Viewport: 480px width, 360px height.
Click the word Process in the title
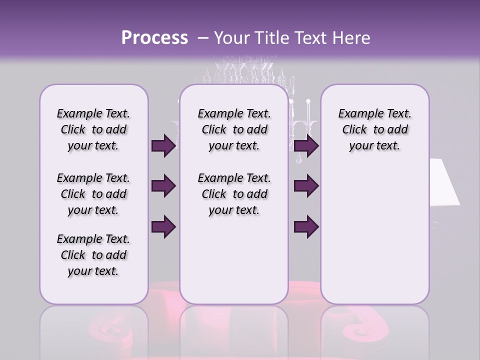pos(154,38)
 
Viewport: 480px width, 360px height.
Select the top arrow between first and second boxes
pos(163,146)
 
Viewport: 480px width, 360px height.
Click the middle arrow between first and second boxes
pos(163,186)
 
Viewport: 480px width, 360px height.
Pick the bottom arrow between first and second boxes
pos(163,226)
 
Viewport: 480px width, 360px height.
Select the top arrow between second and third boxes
pos(306,146)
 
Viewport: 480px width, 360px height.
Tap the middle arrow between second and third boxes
pos(306,186)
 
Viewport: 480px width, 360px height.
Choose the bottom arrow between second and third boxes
pos(306,226)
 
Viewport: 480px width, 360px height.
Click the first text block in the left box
pos(93,130)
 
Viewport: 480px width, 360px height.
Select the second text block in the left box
pos(93,194)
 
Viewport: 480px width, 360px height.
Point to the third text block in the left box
pos(93,255)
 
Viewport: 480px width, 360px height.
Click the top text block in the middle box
pos(234,130)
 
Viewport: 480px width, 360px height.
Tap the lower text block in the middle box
pos(234,194)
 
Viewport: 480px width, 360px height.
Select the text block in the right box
pos(374,130)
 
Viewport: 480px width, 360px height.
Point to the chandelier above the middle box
pos(245,75)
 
